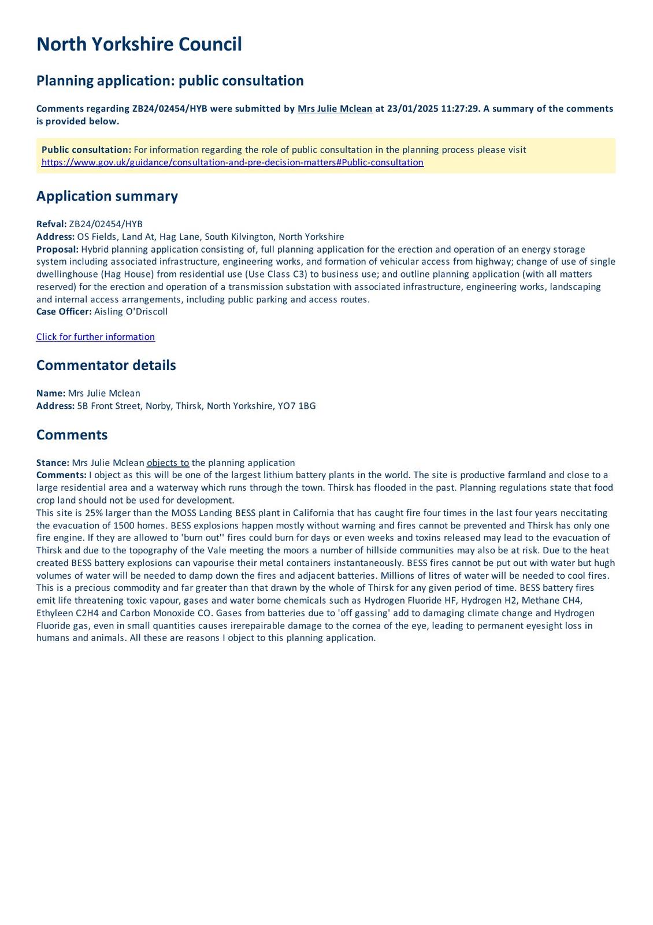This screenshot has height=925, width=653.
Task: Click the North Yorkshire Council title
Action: point(139,45)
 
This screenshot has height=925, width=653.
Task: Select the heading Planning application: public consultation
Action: point(170,80)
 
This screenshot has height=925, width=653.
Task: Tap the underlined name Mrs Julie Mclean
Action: point(335,109)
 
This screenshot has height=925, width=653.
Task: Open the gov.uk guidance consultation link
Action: point(232,162)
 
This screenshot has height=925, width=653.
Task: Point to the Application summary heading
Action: point(107,196)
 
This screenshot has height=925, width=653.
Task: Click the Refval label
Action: point(51,224)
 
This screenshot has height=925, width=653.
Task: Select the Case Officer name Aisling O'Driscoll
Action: point(131,312)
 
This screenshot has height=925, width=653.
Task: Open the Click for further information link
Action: point(95,337)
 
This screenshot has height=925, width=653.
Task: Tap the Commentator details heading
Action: point(106,365)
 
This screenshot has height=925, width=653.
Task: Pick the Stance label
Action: point(53,463)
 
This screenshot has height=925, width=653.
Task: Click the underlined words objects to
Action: point(168,463)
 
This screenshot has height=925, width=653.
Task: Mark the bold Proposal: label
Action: point(57,249)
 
